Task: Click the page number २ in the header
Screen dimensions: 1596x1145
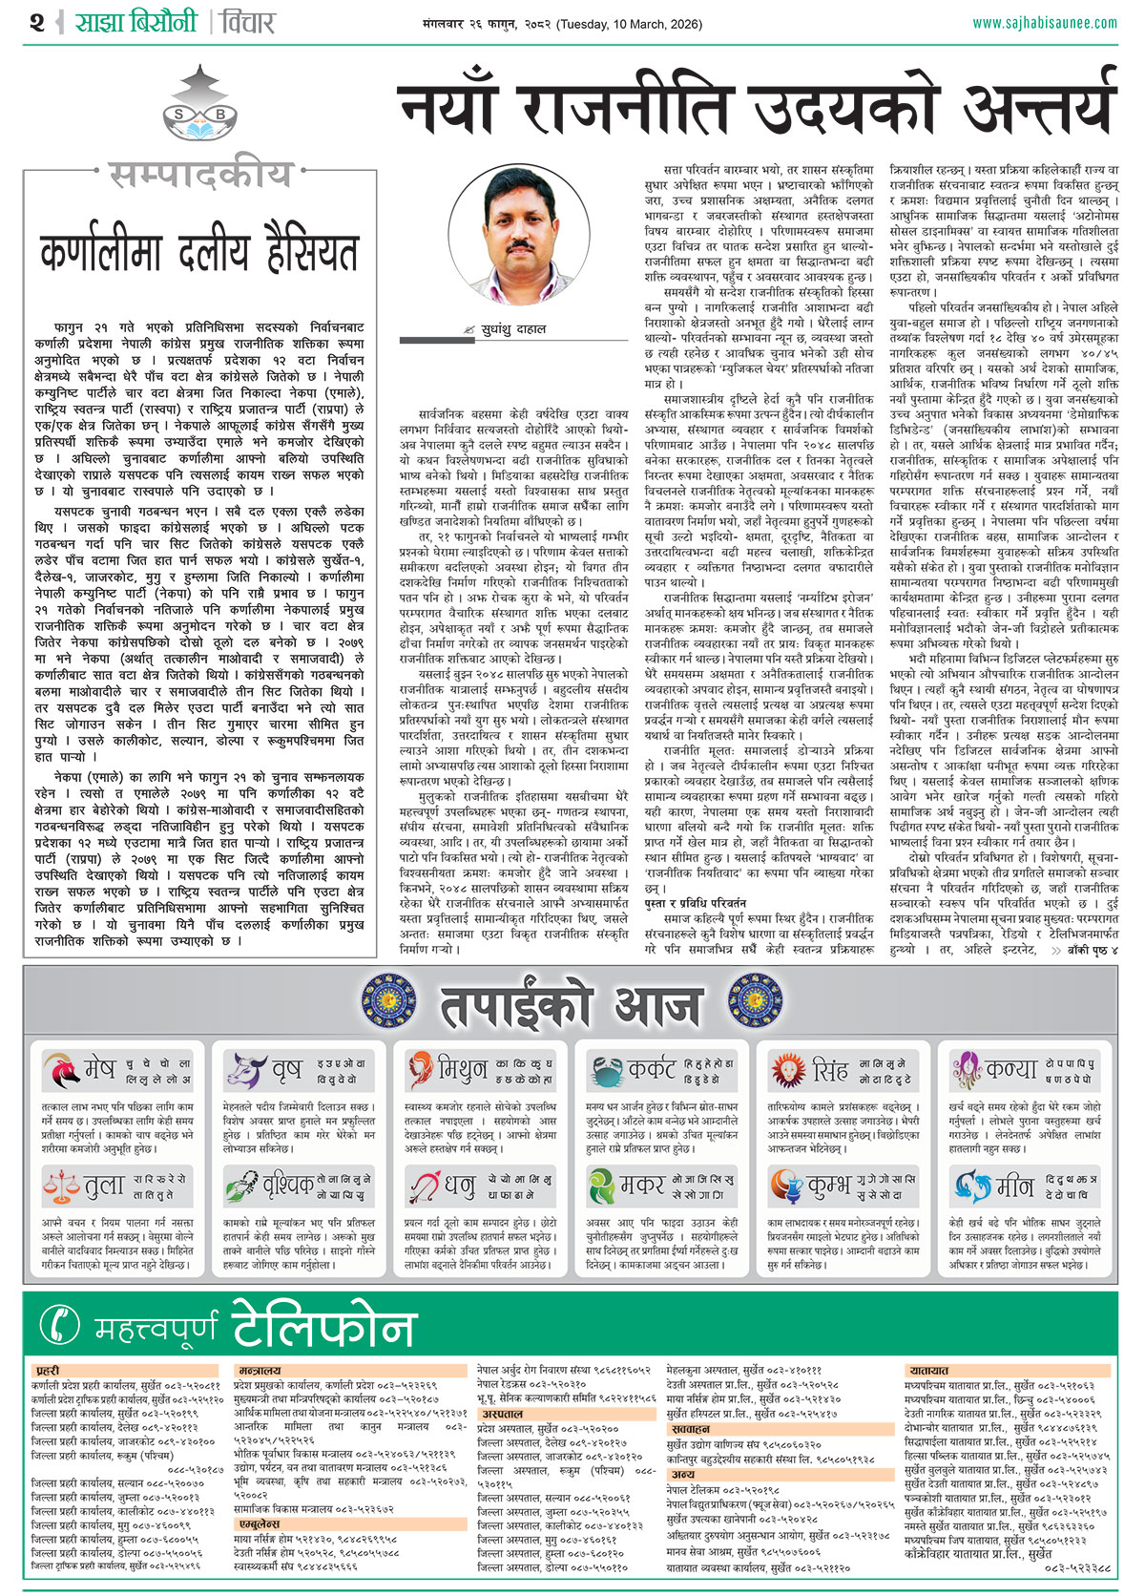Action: pyautogui.click(x=37, y=22)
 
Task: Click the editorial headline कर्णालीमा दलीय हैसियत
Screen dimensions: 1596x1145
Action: pyautogui.click(x=199, y=253)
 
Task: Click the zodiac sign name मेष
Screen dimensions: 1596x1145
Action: pyautogui.click(x=99, y=1069)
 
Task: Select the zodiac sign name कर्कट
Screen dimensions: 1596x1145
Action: pyautogui.click(x=652, y=1069)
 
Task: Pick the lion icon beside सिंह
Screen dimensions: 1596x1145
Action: pyautogui.click(x=788, y=1069)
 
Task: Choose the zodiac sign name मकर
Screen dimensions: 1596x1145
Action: pyautogui.click(x=642, y=1186)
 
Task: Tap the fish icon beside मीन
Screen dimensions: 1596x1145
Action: pyautogui.click(x=972, y=1186)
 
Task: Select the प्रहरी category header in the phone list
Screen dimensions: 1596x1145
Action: pyautogui.click(x=48, y=1371)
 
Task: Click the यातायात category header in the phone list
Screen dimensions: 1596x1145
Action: pyautogui.click(x=928, y=1371)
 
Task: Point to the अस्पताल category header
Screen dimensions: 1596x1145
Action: pyautogui.click(x=502, y=1414)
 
